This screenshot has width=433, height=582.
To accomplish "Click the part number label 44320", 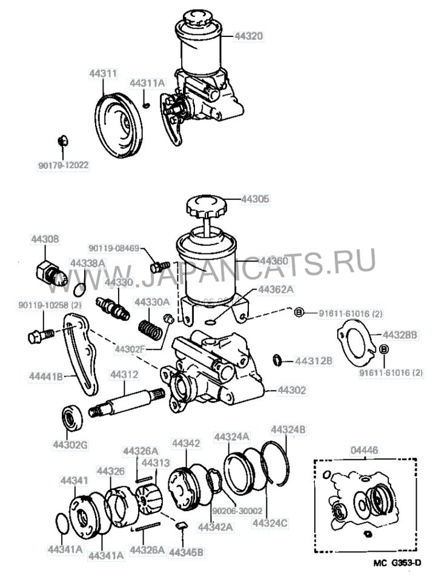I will tap(248, 36).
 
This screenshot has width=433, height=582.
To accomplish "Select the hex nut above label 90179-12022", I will tap(62, 141).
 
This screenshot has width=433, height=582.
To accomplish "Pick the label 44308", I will tap(45, 240).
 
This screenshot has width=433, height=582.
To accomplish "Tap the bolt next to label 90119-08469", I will tap(159, 266).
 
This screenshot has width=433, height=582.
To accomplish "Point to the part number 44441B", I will tap(46, 376).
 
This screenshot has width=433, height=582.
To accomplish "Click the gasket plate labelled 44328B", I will tap(354, 341).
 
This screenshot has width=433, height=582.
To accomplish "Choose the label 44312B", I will tap(314, 362).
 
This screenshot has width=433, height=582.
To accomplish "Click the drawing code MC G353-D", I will tap(397, 563).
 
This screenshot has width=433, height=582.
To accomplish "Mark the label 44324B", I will tap(288, 429).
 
